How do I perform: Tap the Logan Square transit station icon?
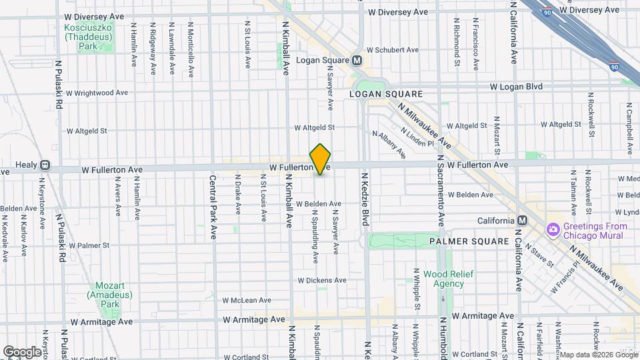click(357, 60)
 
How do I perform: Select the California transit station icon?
click(522, 221)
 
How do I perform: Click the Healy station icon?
click(45, 165)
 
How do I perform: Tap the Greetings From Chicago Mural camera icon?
click(553, 230)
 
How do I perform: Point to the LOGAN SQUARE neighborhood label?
click(386, 95)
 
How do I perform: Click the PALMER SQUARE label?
click(465, 241)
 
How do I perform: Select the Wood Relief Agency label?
click(443, 279)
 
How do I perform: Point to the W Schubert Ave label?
click(392, 50)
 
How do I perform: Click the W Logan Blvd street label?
click(516, 87)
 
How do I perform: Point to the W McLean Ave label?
click(245, 301)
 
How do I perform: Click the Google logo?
click(21, 351)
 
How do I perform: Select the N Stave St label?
click(539, 255)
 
